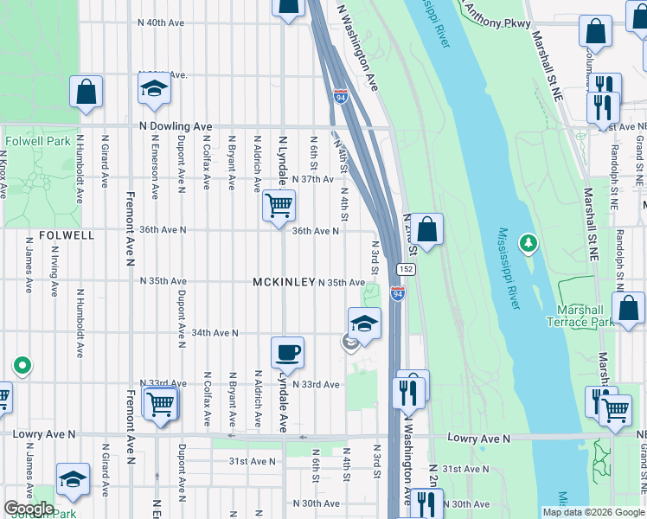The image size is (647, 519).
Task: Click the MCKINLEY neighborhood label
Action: [283, 283]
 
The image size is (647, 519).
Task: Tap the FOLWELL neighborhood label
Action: [66, 234]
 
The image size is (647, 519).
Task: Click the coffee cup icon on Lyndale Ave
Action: [287, 352]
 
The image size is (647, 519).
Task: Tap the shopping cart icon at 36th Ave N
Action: [279, 206]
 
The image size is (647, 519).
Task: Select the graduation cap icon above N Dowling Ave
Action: [154, 88]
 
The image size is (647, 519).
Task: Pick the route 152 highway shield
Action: [407, 270]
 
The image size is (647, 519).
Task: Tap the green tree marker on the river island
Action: [528, 243]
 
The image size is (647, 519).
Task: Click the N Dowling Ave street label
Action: [176, 126]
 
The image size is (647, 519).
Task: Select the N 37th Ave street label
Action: [312, 179]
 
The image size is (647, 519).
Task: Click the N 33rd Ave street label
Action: [316, 384]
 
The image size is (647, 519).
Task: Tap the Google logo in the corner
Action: [29, 508]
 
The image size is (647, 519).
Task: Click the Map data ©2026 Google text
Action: [593, 512]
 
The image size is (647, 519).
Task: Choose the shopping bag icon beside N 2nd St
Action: [426, 230]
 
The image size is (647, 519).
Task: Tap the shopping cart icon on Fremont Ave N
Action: [161, 403]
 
